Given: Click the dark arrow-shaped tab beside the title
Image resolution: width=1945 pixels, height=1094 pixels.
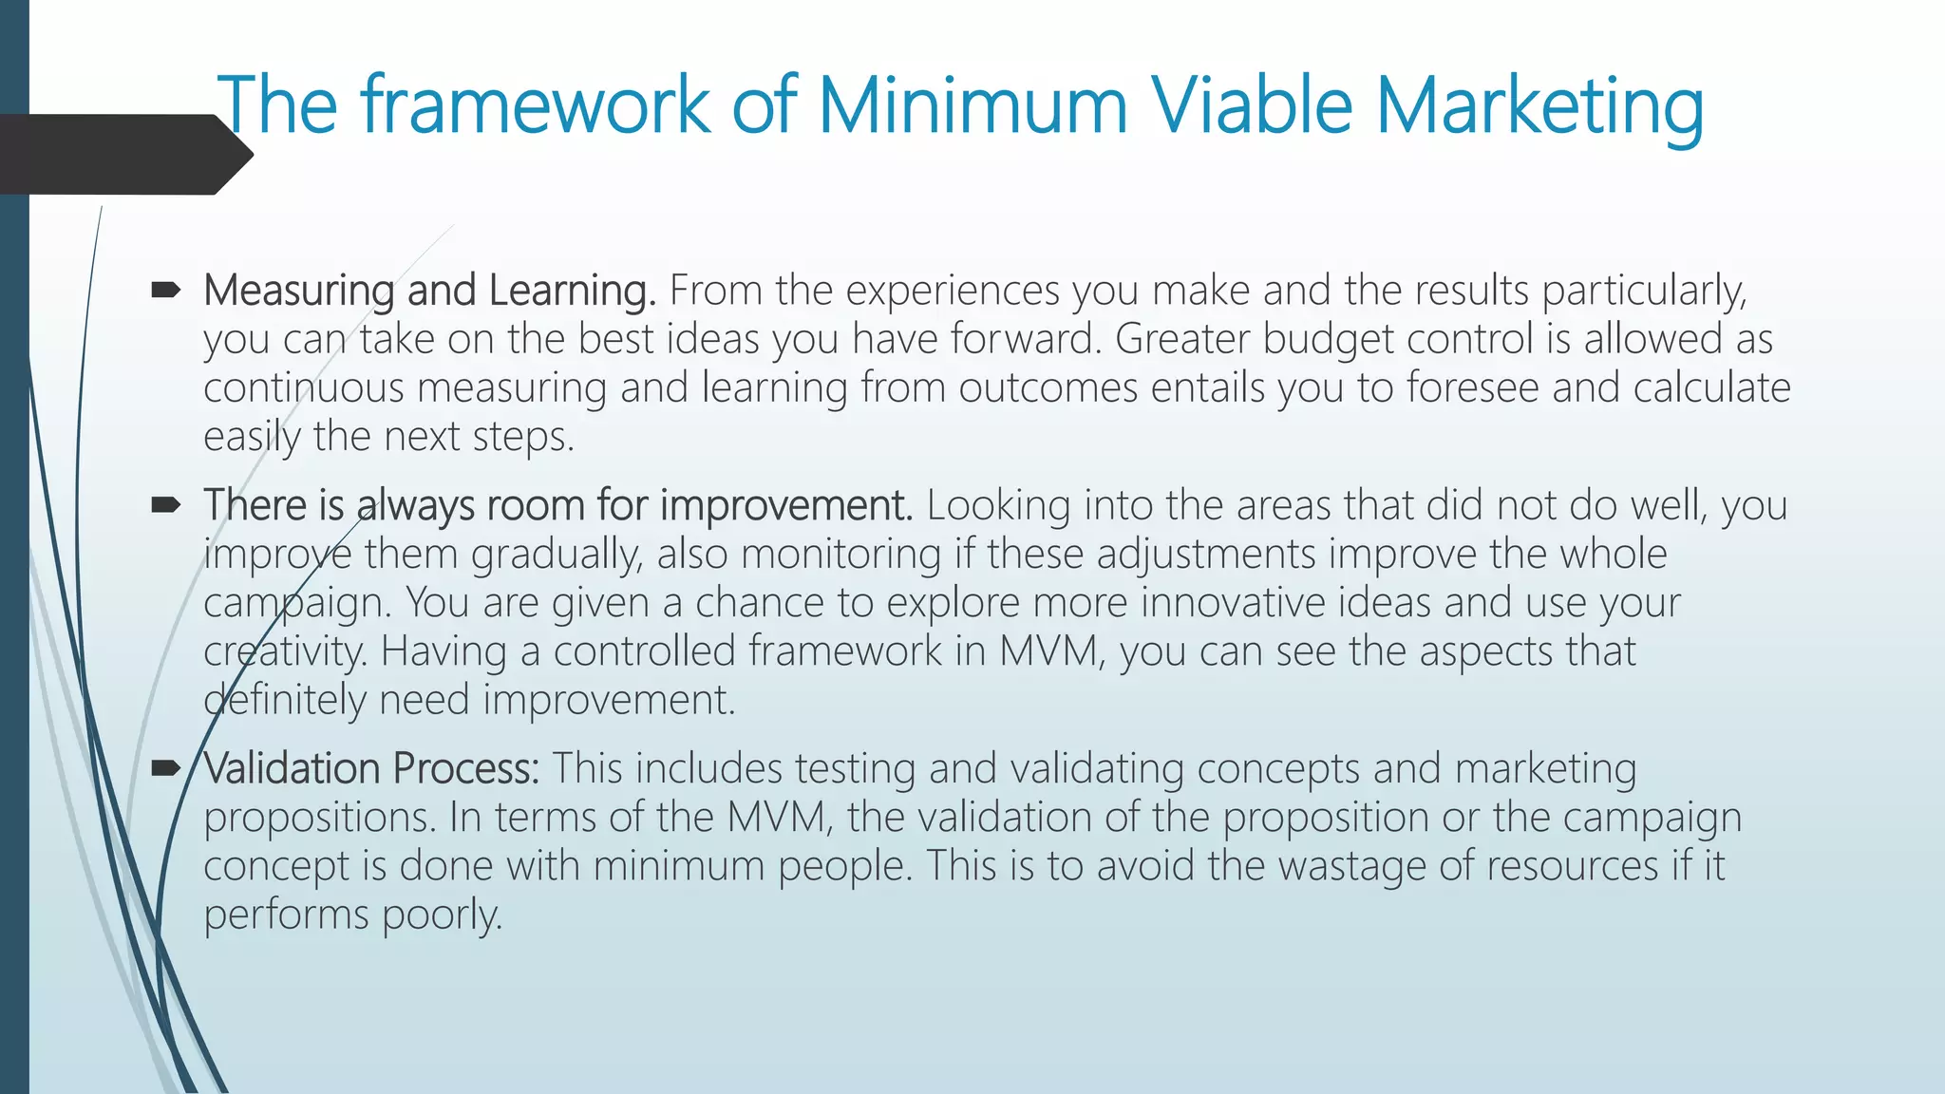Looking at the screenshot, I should (x=123, y=154).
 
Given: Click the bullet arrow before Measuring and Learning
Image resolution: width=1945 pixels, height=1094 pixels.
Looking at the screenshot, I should (x=165, y=291).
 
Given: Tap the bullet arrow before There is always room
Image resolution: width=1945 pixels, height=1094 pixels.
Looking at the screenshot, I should (x=165, y=505).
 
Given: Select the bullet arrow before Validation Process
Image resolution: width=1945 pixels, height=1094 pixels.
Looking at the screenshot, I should (x=165, y=768).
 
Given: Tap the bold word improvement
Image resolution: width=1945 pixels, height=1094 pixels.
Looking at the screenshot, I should (x=785, y=506).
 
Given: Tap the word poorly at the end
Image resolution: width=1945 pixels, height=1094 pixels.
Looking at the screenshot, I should (x=442, y=915).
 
